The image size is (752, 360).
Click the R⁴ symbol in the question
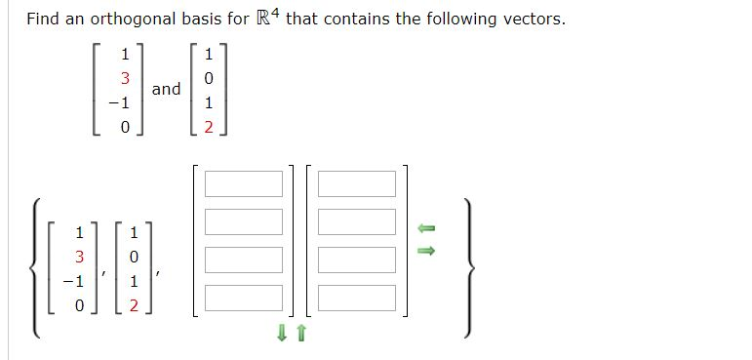pos(265,19)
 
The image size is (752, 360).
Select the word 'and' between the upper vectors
pos(166,89)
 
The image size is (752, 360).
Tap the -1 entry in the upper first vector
pos(121,102)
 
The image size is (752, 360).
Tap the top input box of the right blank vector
pos(357,183)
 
